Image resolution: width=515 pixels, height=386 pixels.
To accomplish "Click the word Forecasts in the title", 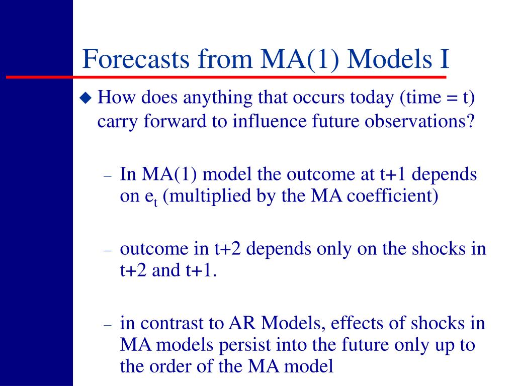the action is tap(136, 59).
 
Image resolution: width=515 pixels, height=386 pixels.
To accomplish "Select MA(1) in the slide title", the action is tap(300, 59).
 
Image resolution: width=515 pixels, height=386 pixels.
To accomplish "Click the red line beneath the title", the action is tap(226, 77).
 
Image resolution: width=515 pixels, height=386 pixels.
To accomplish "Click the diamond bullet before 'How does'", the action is tap(86, 98).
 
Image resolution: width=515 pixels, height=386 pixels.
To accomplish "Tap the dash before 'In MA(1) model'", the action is tap(108, 176).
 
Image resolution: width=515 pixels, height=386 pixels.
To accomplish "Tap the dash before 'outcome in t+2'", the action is tap(108, 251).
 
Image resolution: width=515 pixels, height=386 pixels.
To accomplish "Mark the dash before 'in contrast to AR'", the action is tap(108, 325).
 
